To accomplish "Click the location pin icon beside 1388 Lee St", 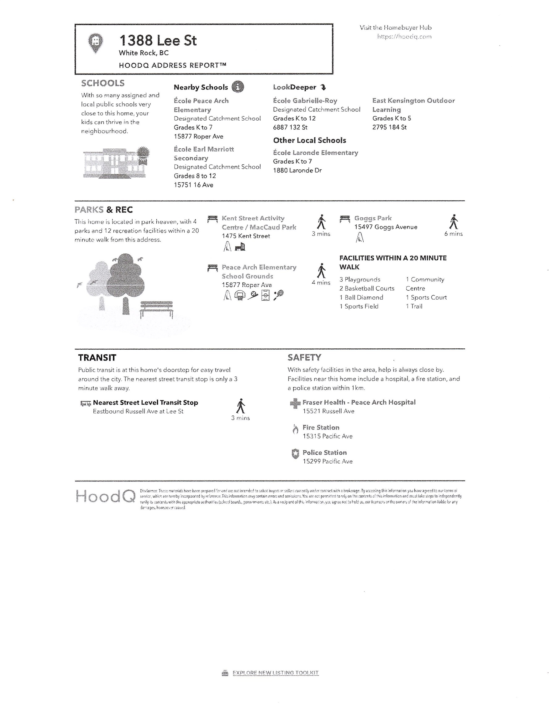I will click(95, 43).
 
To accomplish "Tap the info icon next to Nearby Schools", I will click(238, 87).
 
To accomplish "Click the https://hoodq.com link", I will click(404, 37).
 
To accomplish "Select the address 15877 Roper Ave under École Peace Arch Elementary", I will click(199, 136).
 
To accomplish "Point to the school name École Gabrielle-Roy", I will click(305, 101).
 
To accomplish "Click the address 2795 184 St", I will click(389, 127).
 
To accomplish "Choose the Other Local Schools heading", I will click(309, 140).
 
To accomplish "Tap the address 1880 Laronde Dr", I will click(297, 170).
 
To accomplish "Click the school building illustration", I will click(116, 162).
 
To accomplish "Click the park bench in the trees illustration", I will click(156, 309).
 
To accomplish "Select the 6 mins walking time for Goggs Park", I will click(453, 234).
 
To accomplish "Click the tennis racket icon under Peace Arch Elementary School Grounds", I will click(278, 295).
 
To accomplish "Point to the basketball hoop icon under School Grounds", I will click(240, 295).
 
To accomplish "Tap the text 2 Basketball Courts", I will click(367, 289).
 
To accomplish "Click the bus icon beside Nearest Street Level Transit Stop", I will click(85, 404).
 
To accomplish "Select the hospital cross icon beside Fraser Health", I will click(295, 404).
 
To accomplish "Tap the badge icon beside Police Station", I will click(295, 454).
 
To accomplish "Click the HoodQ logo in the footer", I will click(106, 497).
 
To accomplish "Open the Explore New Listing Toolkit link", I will click(275, 673).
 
